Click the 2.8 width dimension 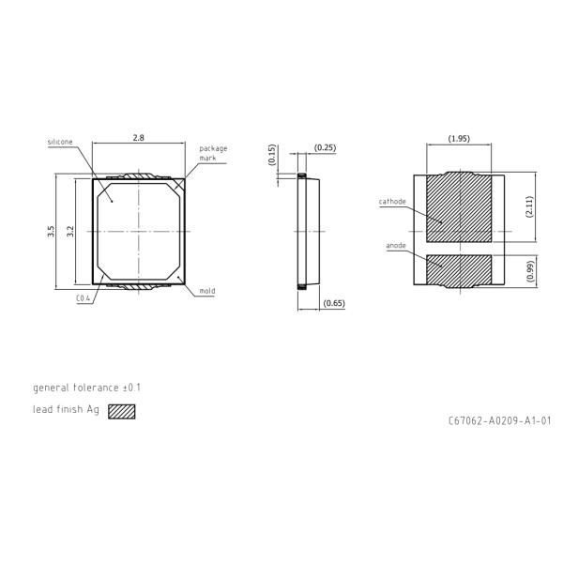[138, 138]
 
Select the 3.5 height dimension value [51, 231]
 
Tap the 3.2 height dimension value [70, 231]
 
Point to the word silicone [60, 142]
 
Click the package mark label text [213, 153]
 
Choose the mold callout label [207, 291]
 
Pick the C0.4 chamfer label [83, 298]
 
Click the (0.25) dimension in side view [325, 147]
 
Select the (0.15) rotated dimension [272, 155]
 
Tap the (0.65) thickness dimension [334, 303]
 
